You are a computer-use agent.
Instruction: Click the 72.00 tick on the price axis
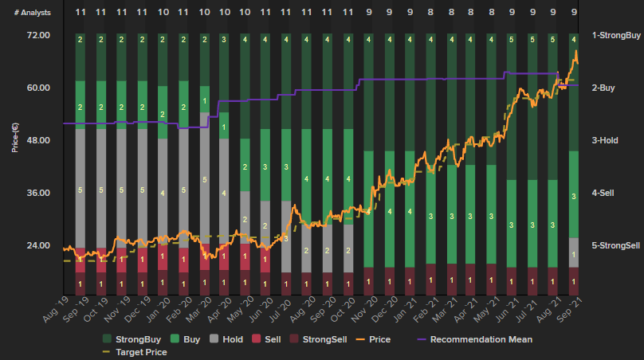(38, 36)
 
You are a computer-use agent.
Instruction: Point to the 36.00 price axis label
(38, 193)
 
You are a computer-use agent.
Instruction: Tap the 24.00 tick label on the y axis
(38, 245)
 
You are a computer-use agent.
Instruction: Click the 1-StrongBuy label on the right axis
(616, 36)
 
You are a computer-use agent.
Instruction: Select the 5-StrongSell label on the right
(616, 245)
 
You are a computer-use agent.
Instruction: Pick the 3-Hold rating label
(605, 140)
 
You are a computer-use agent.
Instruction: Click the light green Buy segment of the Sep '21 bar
(574, 194)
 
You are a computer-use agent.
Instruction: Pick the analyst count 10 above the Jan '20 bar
(163, 13)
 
